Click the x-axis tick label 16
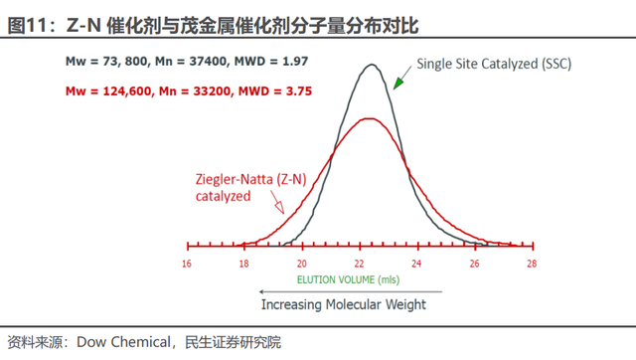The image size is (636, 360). click(x=187, y=264)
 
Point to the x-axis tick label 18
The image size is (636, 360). click(x=243, y=264)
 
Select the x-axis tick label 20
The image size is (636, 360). click(x=301, y=264)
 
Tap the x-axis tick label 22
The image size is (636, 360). click(x=359, y=264)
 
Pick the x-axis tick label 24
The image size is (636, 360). click(x=416, y=264)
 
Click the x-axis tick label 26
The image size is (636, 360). click(x=474, y=264)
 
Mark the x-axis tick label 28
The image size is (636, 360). click(x=532, y=264)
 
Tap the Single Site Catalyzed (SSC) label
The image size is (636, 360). click(x=494, y=64)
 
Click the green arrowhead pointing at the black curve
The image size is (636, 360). click(x=397, y=84)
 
